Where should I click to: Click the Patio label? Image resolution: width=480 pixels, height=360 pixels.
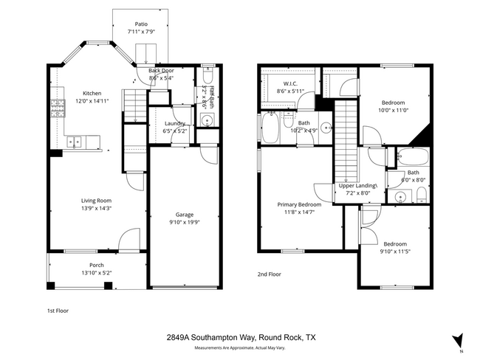pos(140,24)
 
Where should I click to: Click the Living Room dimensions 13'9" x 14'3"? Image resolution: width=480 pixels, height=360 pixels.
pos(96,208)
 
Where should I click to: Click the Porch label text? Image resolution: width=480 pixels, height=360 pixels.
pos(97,265)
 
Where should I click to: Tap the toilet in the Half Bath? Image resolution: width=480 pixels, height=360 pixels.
pos(207,79)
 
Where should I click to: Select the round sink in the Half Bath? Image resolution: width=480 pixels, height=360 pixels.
pos(208,120)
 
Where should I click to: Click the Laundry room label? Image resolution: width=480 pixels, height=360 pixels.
pos(174,123)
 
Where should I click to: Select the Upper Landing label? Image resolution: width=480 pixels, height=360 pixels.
pos(357,186)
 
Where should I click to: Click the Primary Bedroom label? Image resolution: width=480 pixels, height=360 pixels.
pos(299,204)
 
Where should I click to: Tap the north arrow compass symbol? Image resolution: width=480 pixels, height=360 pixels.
pos(458,340)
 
